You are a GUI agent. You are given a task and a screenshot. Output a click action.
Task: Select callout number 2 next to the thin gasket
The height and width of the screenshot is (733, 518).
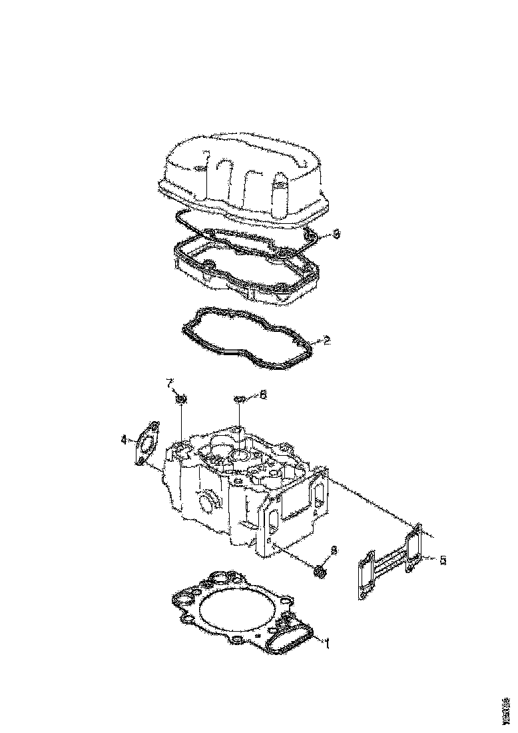[327, 341]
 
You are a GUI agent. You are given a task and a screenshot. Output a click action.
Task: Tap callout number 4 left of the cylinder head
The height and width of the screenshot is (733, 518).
[124, 439]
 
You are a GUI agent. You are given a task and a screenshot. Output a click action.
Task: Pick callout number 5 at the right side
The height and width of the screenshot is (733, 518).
[443, 559]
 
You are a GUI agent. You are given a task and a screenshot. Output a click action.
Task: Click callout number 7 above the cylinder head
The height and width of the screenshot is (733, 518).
[170, 382]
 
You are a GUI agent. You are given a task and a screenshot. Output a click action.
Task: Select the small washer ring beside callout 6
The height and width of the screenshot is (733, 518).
[240, 399]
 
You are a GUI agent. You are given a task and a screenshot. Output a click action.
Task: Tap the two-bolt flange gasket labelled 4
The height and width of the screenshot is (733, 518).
[146, 442]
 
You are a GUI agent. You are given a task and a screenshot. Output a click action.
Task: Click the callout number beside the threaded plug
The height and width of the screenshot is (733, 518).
[334, 550]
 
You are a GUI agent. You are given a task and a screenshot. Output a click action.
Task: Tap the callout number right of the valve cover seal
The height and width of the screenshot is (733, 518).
[336, 234]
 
